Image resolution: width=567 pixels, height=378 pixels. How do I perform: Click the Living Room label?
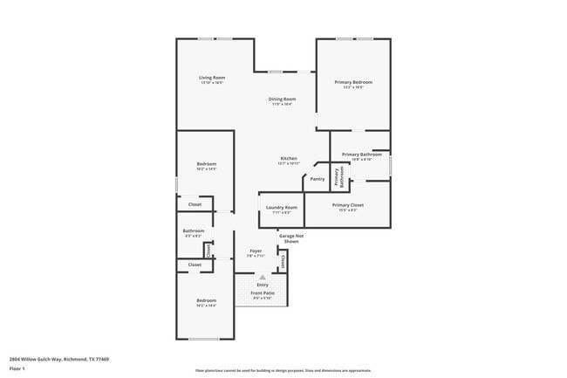click(213, 78)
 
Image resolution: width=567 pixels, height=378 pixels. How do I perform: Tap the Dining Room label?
click(280, 99)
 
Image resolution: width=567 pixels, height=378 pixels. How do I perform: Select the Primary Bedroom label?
click(352, 83)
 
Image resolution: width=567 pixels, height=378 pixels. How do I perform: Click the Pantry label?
click(318, 179)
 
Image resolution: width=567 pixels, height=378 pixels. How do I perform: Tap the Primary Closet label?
click(347, 205)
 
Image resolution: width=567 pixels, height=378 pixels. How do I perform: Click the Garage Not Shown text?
click(291, 237)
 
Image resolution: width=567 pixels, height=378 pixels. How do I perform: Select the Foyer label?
click(256, 251)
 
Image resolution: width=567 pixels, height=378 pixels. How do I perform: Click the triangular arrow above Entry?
click(262, 276)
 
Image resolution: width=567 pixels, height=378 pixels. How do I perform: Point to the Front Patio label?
click(263, 292)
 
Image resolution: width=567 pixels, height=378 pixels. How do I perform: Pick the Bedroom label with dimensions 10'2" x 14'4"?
click(206, 300)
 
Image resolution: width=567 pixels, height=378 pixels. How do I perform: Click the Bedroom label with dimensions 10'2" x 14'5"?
click(207, 164)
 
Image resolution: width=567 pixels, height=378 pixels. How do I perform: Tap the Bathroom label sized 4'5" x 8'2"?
click(193, 231)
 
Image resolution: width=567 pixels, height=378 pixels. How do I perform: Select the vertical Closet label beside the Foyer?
click(284, 259)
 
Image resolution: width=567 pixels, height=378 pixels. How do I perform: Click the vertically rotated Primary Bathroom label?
click(342, 178)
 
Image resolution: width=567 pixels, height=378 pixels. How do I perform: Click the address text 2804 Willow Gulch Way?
click(59, 359)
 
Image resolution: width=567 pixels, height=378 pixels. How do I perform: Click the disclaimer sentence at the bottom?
click(283, 371)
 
